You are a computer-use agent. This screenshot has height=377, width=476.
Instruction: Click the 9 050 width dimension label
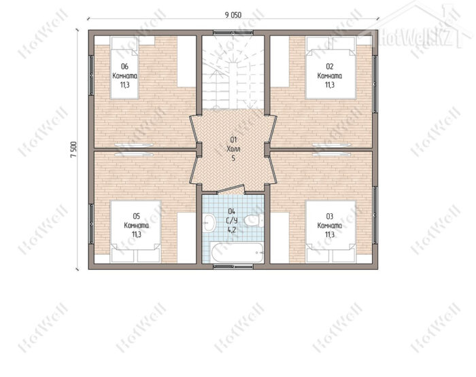233,15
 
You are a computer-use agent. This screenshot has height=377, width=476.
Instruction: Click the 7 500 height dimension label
73,149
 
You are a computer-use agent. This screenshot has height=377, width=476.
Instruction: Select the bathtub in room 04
237,253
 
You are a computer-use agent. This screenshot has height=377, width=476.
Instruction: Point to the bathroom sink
209,223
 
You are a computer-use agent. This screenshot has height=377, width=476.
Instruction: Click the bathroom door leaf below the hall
231,189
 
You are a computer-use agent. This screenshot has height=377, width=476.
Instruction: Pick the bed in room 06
124,68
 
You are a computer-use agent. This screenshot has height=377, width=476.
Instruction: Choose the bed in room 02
330,68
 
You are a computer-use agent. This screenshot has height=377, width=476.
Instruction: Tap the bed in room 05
135,231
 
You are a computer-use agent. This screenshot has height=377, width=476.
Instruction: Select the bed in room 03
330,231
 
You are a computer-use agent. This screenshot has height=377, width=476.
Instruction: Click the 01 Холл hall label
233,145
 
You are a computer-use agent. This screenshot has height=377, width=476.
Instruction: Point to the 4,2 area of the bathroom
232,230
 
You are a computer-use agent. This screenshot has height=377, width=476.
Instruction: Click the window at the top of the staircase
233,33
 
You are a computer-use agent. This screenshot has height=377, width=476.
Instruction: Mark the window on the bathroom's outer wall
233,266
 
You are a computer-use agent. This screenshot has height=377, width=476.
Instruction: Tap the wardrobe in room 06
186,62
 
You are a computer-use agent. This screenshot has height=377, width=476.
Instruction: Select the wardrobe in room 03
279,238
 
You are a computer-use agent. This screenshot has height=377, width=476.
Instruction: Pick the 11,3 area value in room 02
330,85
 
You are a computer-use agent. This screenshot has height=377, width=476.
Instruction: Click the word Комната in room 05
136,226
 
